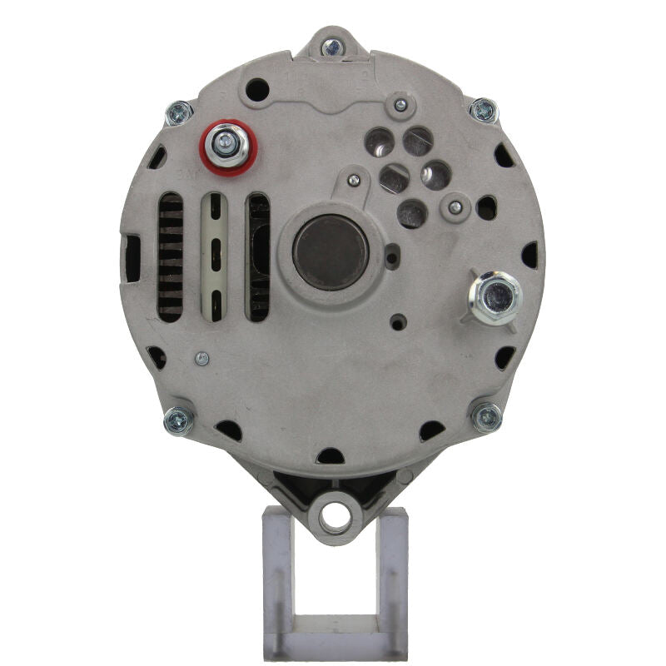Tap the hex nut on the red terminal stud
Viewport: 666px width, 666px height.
click(224, 147)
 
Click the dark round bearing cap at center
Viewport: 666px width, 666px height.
click(331, 252)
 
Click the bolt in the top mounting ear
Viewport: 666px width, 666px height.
click(332, 47)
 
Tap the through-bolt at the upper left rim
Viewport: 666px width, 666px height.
click(178, 112)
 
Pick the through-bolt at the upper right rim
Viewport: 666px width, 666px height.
click(483, 110)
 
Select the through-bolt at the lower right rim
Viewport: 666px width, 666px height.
click(486, 417)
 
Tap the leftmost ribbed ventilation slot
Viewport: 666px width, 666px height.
click(171, 257)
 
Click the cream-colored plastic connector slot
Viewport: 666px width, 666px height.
click(215, 257)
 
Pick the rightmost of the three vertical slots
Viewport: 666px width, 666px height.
click(258, 257)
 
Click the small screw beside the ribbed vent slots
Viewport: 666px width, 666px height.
click(201, 359)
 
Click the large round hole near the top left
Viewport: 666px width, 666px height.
click(258, 89)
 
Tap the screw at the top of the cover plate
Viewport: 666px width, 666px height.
click(400, 105)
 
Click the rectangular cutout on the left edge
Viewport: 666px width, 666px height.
click(132, 258)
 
